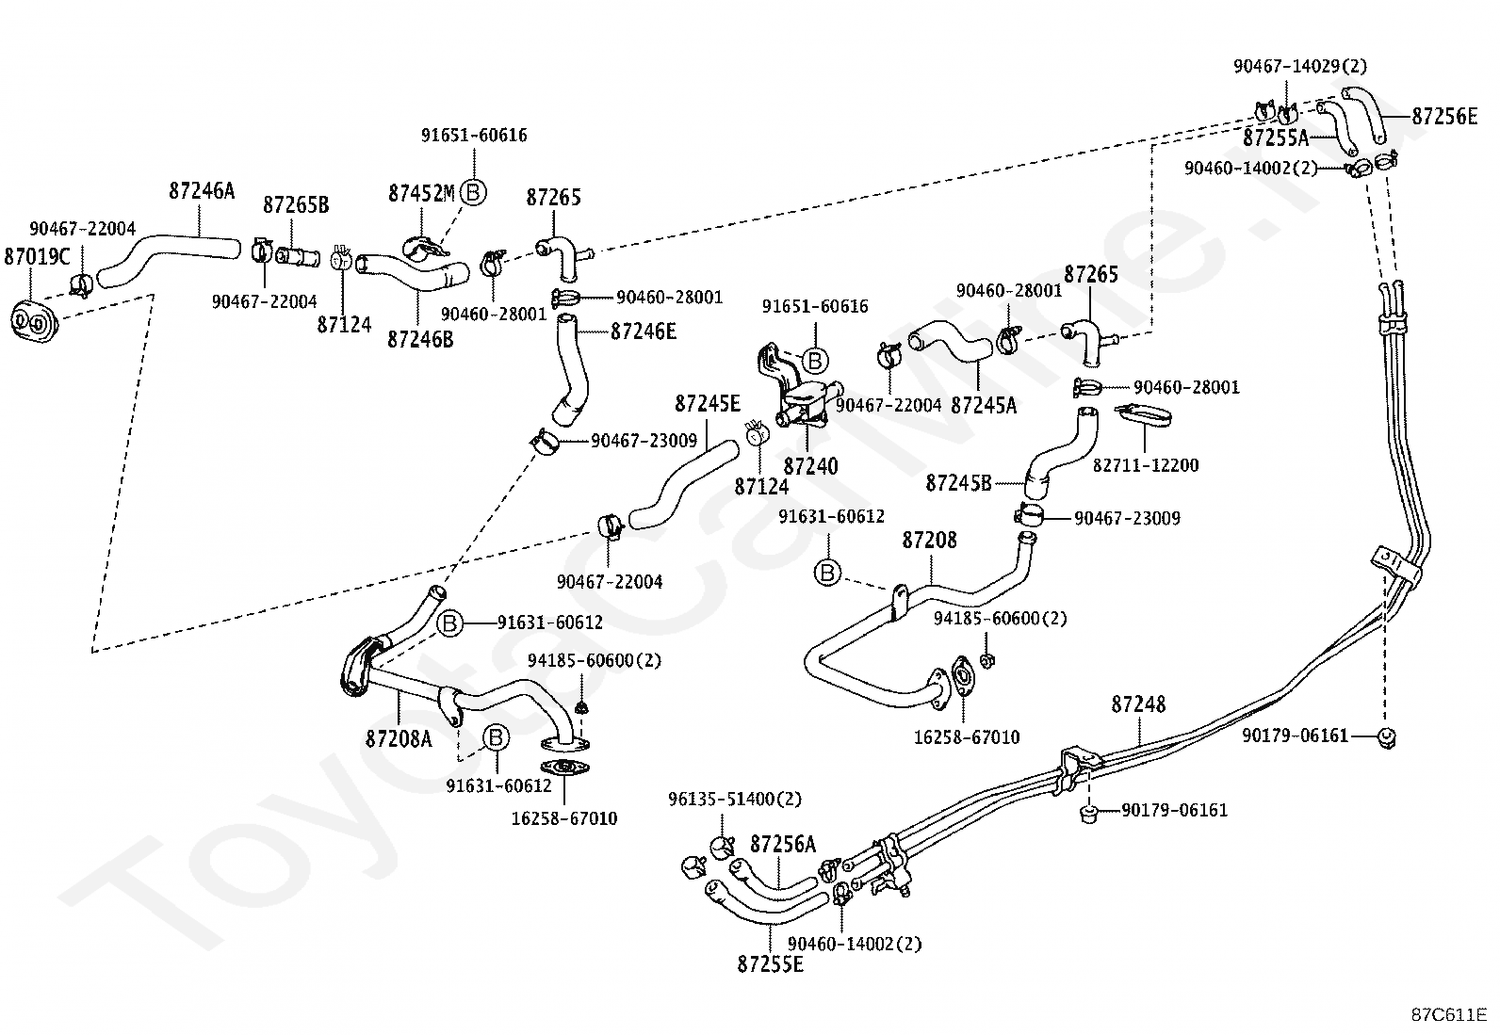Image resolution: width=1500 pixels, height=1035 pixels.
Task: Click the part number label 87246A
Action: pos(202,191)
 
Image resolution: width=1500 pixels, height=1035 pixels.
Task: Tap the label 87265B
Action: pos(296,205)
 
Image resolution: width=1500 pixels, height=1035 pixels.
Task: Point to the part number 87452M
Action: pos(421,193)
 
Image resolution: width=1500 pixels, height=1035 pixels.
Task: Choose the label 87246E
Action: pos(644,332)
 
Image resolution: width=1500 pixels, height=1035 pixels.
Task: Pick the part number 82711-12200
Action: pos(1146,465)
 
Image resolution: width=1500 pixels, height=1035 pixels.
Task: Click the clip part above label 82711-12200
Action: pos(1144,415)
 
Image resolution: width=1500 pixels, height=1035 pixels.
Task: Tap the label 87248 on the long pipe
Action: pos(1138,704)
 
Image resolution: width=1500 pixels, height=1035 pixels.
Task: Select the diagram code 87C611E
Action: pos(1449,1015)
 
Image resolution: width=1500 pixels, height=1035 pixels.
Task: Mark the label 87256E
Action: pos(1445,117)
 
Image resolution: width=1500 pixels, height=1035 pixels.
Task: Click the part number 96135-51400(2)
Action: pos(735,799)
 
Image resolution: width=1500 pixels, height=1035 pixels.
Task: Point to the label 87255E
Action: pos(770,964)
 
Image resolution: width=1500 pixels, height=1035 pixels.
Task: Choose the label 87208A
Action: pos(399,738)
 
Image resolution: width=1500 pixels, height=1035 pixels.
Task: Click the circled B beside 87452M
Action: pos(473,193)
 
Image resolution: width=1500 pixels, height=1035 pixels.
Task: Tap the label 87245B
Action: pos(958,483)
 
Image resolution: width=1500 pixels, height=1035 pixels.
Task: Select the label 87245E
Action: pos(708,404)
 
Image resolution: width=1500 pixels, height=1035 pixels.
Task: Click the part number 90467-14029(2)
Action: pos(1300,66)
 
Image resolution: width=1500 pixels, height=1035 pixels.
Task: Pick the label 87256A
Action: pos(783,844)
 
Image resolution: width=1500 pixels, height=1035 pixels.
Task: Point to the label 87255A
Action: pos(1276,137)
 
